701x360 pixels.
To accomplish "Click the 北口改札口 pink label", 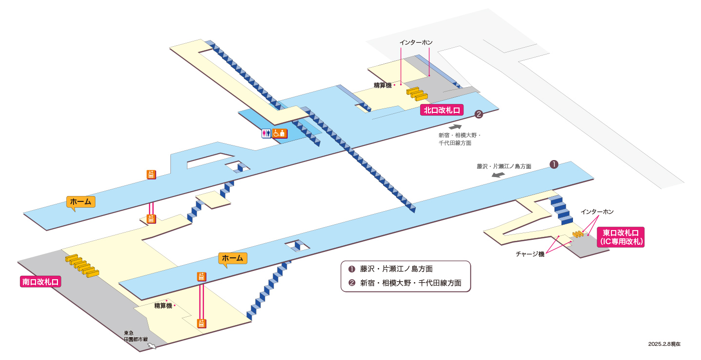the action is [x=442, y=110].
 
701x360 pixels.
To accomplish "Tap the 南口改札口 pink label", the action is [x=40, y=282].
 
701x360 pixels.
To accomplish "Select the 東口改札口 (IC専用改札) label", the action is [x=621, y=237].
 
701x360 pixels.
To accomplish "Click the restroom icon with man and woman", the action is [x=266, y=134].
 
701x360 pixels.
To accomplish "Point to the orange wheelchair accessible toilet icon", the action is [x=279, y=133].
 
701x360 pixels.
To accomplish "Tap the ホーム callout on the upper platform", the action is [x=80, y=202].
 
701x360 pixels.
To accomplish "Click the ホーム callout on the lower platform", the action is [x=233, y=258].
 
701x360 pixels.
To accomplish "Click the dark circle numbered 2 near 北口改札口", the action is [x=479, y=114].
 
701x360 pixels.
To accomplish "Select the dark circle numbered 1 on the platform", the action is [x=554, y=164].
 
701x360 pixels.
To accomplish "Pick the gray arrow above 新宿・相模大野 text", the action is [x=455, y=126].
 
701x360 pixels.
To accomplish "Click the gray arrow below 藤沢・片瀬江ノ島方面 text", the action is [x=498, y=175].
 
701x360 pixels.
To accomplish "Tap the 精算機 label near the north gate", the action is [x=383, y=85].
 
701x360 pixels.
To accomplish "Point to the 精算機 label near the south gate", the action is [x=163, y=306].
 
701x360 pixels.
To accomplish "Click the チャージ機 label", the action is [x=530, y=254].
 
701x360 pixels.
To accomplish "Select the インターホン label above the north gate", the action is [x=416, y=42].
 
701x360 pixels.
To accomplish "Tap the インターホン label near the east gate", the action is [x=597, y=212].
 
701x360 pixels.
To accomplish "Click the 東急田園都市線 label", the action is [x=135, y=336].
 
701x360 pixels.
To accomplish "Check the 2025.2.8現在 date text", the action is [x=664, y=344].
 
